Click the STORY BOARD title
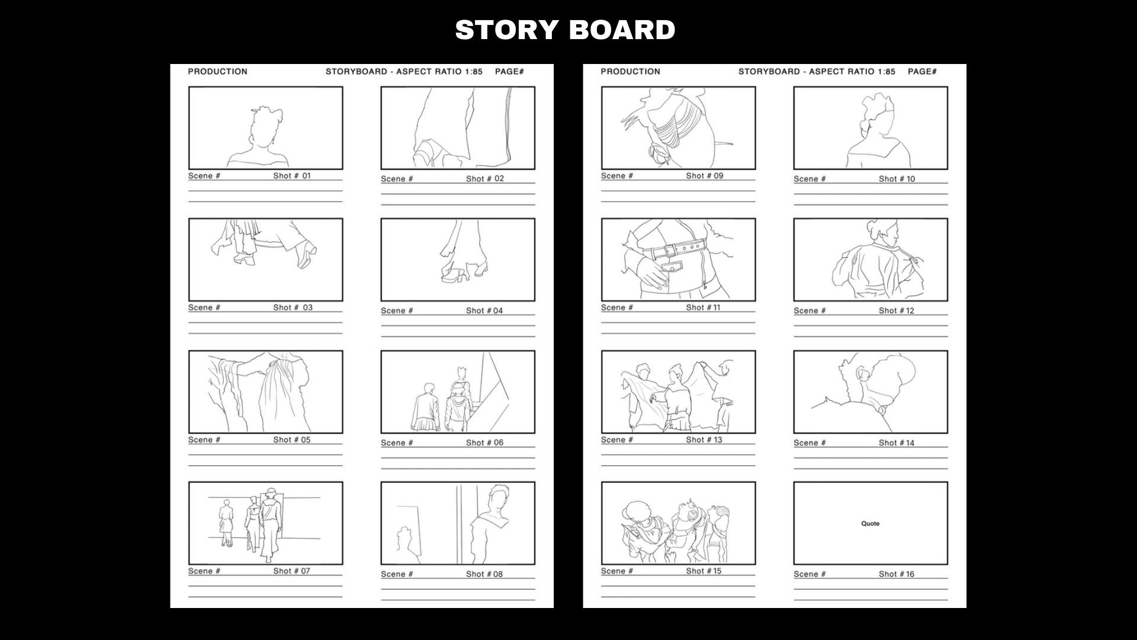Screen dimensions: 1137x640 pyautogui.click(x=565, y=30)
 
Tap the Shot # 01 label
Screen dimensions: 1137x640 pyautogui.click(x=291, y=176)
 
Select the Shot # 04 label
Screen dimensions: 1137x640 pyautogui.click(x=484, y=311)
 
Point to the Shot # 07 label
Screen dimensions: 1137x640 pyautogui.click(x=291, y=571)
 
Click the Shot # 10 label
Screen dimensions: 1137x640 pyautogui.click(x=897, y=179)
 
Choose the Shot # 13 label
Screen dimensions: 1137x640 pyautogui.click(x=704, y=440)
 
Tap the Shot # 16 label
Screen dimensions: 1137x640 pyautogui.click(x=897, y=574)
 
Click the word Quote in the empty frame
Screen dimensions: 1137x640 pyautogui.click(x=870, y=524)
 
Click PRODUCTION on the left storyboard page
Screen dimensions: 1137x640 pyautogui.click(x=217, y=72)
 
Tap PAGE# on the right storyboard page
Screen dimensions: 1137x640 pyautogui.click(x=923, y=72)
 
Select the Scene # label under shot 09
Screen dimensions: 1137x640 pyautogui.click(x=617, y=176)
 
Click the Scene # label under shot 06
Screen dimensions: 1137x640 pyautogui.click(x=397, y=443)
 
